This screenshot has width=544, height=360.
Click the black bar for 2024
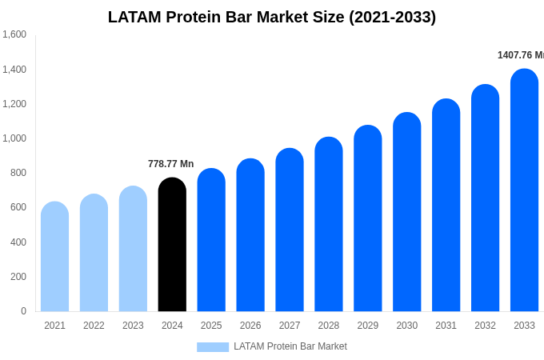click(x=172, y=245)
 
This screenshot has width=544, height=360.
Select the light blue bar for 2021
click(x=54, y=257)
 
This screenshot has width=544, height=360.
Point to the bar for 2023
click(x=133, y=249)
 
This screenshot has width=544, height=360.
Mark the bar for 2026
click(x=250, y=235)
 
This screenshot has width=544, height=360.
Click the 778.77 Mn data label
click(x=170, y=164)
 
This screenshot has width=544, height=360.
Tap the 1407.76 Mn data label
click(x=520, y=55)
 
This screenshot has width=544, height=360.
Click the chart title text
click(x=272, y=17)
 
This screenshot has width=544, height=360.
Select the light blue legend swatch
click(x=213, y=346)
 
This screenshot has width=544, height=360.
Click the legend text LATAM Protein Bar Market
click(x=290, y=346)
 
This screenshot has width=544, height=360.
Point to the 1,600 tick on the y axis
click(x=14, y=34)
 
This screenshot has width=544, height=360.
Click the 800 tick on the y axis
click(x=18, y=173)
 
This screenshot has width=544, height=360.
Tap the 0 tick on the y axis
click(x=23, y=311)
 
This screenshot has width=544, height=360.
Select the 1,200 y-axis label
click(x=14, y=104)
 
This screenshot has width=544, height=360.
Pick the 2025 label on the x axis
click(x=211, y=326)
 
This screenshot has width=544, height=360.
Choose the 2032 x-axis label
click(x=485, y=326)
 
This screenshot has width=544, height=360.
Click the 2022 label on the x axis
click(x=94, y=326)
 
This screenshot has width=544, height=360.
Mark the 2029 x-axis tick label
click(x=367, y=326)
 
